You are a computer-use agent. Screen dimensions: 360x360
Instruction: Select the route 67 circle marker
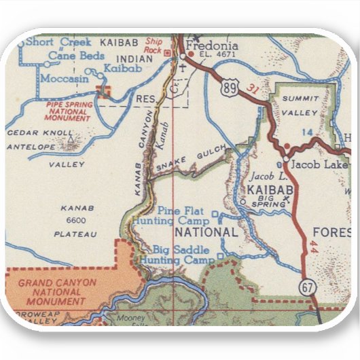click(x=308, y=287)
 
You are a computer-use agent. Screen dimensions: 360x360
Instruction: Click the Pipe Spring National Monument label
click(x=69, y=111)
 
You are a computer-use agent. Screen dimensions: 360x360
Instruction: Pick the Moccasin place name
click(x=65, y=79)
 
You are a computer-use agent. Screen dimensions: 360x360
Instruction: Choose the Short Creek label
click(x=58, y=42)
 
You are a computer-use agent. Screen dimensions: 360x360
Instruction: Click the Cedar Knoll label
click(x=40, y=132)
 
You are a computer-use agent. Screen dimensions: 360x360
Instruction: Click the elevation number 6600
click(x=77, y=221)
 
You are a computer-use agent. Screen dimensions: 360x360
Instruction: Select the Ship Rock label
click(x=154, y=46)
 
